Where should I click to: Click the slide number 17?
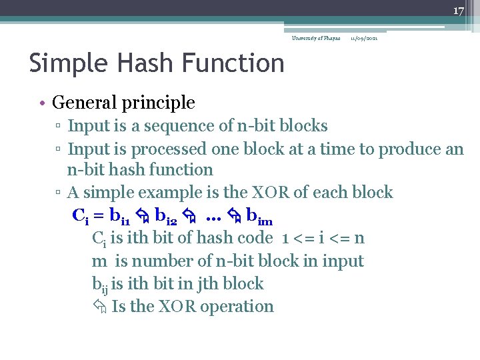tap(458, 11)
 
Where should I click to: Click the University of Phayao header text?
tap(316, 38)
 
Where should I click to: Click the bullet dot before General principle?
tap(41, 103)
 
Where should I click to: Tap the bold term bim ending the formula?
tap(259, 216)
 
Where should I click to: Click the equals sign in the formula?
tap(97, 216)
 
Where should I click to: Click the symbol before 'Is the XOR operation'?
tap(99, 307)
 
